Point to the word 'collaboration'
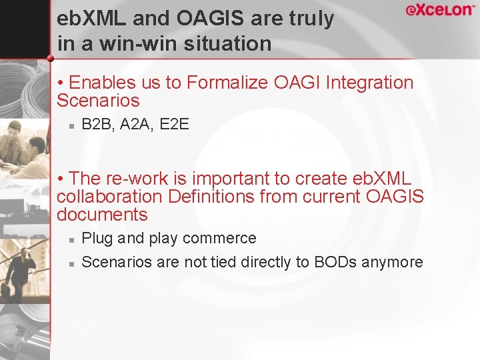(109, 197)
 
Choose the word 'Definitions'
(211, 197)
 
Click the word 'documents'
(102, 215)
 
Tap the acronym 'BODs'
(335, 262)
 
